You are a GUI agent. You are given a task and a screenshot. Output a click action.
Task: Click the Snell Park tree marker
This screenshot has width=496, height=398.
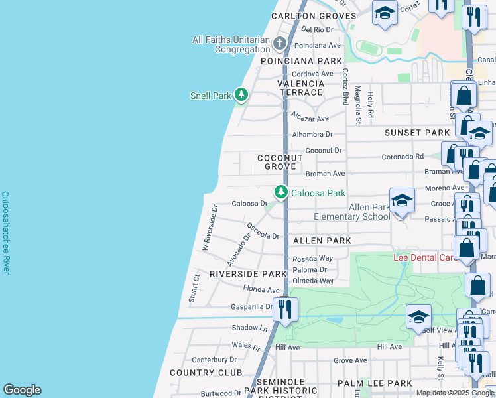tap(242, 96)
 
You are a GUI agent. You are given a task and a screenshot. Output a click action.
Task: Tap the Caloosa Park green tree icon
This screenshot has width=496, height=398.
tap(282, 192)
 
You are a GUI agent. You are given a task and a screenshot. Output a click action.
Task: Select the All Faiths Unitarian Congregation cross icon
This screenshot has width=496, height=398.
tap(280, 44)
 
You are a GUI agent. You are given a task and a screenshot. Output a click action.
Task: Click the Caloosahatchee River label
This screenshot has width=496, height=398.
tap(5, 233)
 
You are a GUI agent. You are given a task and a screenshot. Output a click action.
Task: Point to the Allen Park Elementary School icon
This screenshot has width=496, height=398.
tap(402, 201)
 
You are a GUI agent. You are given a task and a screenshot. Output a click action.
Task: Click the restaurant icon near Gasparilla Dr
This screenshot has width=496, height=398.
tap(285, 309)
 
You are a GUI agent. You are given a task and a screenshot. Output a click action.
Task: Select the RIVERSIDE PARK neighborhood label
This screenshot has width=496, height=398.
tap(247, 273)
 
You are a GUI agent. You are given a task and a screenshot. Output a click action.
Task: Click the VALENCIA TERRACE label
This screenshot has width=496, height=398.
tap(302, 88)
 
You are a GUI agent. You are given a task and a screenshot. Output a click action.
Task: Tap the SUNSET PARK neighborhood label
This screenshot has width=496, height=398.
tap(417, 133)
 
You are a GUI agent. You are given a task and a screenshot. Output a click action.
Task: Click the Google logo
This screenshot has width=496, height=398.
tap(22, 390)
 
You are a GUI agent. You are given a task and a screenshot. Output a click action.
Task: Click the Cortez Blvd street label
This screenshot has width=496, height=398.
tap(345, 86)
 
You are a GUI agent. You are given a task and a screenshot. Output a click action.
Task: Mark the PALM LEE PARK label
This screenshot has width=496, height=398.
tap(375, 383)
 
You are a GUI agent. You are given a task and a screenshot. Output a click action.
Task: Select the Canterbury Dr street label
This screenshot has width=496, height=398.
tap(214, 360)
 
